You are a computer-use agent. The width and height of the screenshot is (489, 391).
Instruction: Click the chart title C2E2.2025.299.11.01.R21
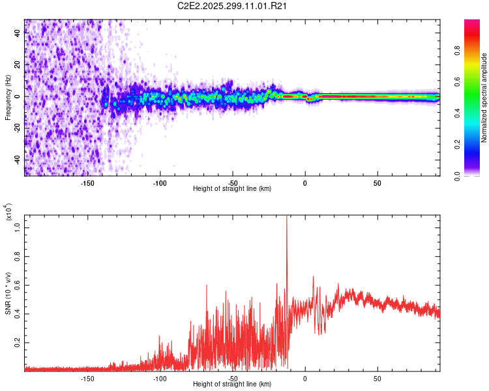click(x=233, y=6)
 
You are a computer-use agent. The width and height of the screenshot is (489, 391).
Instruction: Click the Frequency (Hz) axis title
click(x=8, y=98)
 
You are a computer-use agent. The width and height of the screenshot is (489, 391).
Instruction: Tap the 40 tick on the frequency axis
click(x=18, y=34)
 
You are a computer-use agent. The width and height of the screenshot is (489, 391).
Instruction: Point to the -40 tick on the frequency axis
click(x=18, y=160)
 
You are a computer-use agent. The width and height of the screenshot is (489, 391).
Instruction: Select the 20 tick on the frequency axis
click(x=18, y=65)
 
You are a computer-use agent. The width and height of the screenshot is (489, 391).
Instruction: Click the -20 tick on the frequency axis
click(x=18, y=128)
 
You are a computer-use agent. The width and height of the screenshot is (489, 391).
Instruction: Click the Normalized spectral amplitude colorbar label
click(x=484, y=98)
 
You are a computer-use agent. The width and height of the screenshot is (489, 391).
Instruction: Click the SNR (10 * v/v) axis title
click(x=8, y=293)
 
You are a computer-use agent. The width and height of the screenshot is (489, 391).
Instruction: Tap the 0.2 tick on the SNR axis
click(x=18, y=342)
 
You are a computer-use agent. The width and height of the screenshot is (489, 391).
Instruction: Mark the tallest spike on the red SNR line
click(x=287, y=218)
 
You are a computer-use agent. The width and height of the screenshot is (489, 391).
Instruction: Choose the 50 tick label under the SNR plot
click(x=377, y=378)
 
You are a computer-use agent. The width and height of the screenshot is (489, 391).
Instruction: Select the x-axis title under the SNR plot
click(x=232, y=384)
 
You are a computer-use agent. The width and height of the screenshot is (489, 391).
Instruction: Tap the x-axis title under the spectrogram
click(x=232, y=189)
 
